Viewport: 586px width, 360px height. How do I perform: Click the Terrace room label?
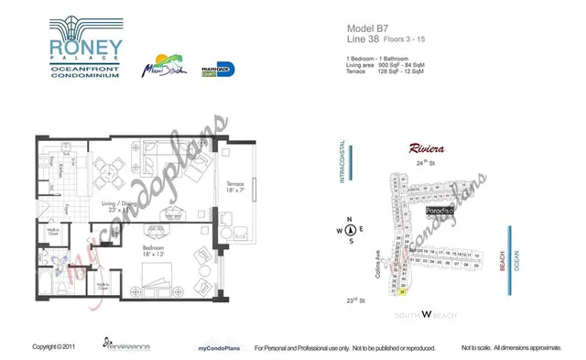[234, 183]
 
